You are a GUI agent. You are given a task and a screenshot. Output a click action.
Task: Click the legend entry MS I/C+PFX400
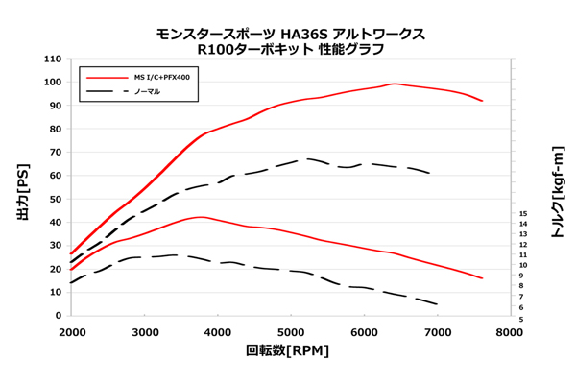pos(161,77)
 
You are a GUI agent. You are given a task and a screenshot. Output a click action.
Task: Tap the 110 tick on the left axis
pos(53,59)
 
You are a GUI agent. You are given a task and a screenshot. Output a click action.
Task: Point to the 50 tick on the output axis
pos(56,199)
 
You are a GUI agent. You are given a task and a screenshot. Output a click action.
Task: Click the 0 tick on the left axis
pos(59,316)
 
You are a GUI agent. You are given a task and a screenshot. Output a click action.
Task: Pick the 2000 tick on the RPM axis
pos(72,332)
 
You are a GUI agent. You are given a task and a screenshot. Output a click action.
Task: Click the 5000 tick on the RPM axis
pos(291,332)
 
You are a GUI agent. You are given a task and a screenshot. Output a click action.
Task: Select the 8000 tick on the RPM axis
pos(510,332)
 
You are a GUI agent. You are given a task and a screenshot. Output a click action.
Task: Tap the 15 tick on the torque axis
pos(522,214)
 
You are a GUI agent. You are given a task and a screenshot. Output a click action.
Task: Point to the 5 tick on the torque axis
pos(522,318)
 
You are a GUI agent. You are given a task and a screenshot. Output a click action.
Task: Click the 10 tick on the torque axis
pos(522,266)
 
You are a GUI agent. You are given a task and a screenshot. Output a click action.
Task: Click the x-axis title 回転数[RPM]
pos(287,351)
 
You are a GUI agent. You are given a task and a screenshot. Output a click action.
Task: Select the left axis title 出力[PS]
pos(23,188)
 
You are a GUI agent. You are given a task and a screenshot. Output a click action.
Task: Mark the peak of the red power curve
pos(394,84)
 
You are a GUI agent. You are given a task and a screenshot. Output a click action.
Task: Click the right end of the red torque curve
pos(482,278)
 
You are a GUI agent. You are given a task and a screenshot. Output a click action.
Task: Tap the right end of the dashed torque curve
pos(438,304)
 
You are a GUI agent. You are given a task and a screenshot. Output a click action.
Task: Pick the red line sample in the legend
pos(105,77)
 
